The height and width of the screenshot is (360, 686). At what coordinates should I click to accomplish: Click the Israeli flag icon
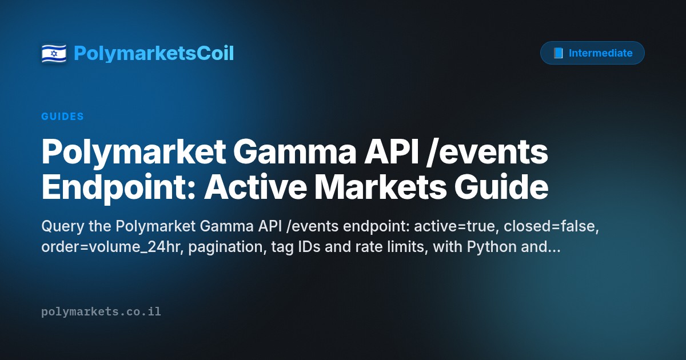[54, 53]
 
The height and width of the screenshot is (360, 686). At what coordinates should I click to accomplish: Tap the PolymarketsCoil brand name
[154, 53]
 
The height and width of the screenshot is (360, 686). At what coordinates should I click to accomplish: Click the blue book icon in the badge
[558, 53]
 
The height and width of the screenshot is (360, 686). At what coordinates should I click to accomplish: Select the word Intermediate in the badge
[601, 53]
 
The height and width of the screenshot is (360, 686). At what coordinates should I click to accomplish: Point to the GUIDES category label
[62, 117]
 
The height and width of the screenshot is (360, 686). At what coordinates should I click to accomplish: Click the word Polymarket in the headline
[134, 152]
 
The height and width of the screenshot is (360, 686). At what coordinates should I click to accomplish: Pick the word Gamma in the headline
[294, 152]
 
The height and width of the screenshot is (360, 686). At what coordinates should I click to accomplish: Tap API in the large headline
[392, 152]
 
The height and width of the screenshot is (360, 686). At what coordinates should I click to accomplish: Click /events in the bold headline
[487, 152]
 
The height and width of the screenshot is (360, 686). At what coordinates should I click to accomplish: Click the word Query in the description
[63, 226]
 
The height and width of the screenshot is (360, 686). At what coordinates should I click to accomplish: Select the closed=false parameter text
[551, 226]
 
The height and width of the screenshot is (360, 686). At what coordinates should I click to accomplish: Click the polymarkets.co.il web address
[101, 312]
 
